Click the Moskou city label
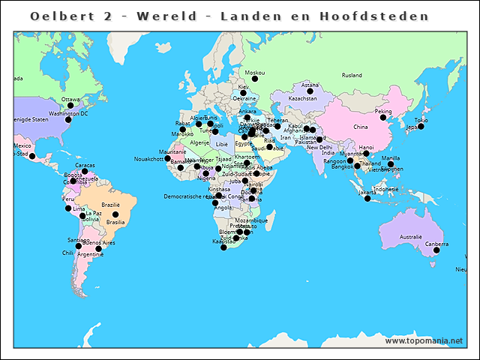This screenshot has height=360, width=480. pyautogui.click(x=255, y=72)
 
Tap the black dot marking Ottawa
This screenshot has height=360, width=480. pyautogui.click(x=70, y=106)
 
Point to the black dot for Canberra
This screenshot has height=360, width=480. pyautogui.click(x=435, y=251)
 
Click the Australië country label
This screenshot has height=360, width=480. pyautogui.click(x=411, y=237)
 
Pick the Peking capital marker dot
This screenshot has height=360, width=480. pyautogui.click(x=383, y=118)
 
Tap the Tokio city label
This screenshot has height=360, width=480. pyautogui.click(x=421, y=120)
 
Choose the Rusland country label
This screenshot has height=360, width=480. pyautogui.click(x=352, y=76)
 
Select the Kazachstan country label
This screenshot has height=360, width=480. pyautogui.click(x=302, y=98)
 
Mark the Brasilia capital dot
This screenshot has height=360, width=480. pyautogui.click(x=115, y=214)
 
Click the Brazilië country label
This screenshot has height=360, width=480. pyautogui.click(x=111, y=205)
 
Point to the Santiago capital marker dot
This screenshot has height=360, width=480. pyautogui.click(x=78, y=246)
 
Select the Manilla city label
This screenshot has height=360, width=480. pyautogui.click(x=391, y=158)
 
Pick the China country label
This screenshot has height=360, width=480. pyautogui.click(x=361, y=127)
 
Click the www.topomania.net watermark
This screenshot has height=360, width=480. pyautogui.click(x=424, y=340)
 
